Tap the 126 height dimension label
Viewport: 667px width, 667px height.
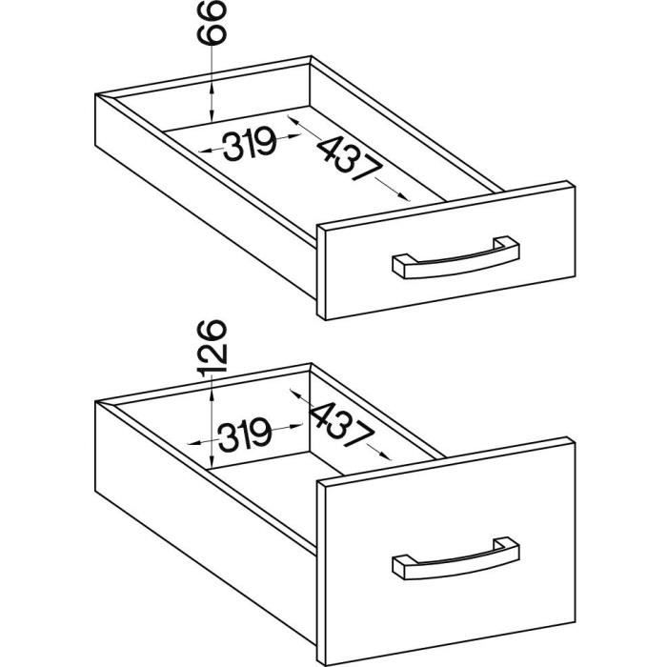pos(212,348)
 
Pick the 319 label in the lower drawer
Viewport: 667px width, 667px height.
pos(245,435)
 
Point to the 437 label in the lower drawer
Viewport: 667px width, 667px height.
pos(342,425)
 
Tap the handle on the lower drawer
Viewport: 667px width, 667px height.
pos(455,560)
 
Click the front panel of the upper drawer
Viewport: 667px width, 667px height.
pos(446,251)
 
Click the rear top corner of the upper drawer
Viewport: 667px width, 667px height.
pos(311,56)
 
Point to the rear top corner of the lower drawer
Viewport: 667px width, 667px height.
pos(311,364)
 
